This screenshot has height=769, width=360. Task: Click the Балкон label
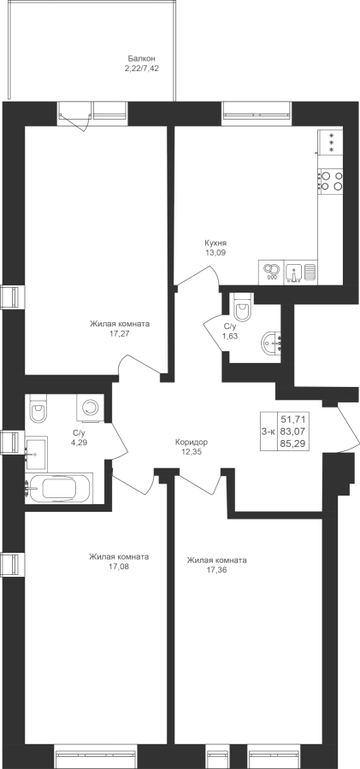[x=142, y=58]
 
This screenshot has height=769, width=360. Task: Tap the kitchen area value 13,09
[x=216, y=253]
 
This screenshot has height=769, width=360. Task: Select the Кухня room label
[x=215, y=243]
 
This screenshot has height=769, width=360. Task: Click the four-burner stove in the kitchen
[x=330, y=179]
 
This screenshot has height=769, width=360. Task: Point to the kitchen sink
[x=293, y=271]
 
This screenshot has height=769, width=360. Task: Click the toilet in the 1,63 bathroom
[x=243, y=307]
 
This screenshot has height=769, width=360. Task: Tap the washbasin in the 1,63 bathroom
[x=272, y=343]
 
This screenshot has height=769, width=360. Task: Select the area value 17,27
[x=120, y=333]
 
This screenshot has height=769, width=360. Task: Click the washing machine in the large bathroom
[x=91, y=407]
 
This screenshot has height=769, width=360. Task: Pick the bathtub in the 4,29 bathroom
[x=59, y=489]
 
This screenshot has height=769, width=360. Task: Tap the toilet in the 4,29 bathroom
[x=38, y=409]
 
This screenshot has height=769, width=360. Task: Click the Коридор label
[x=192, y=442]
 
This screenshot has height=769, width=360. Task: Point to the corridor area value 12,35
[x=192, y=451]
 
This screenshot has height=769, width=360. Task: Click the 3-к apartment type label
[x=269, y=431]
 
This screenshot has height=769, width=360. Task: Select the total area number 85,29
[x=293, y=444]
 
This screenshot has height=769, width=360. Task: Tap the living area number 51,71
[x=293, y=419]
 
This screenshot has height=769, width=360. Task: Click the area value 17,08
[x=119, y=566]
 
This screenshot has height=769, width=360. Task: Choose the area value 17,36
[x=216, y=570]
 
